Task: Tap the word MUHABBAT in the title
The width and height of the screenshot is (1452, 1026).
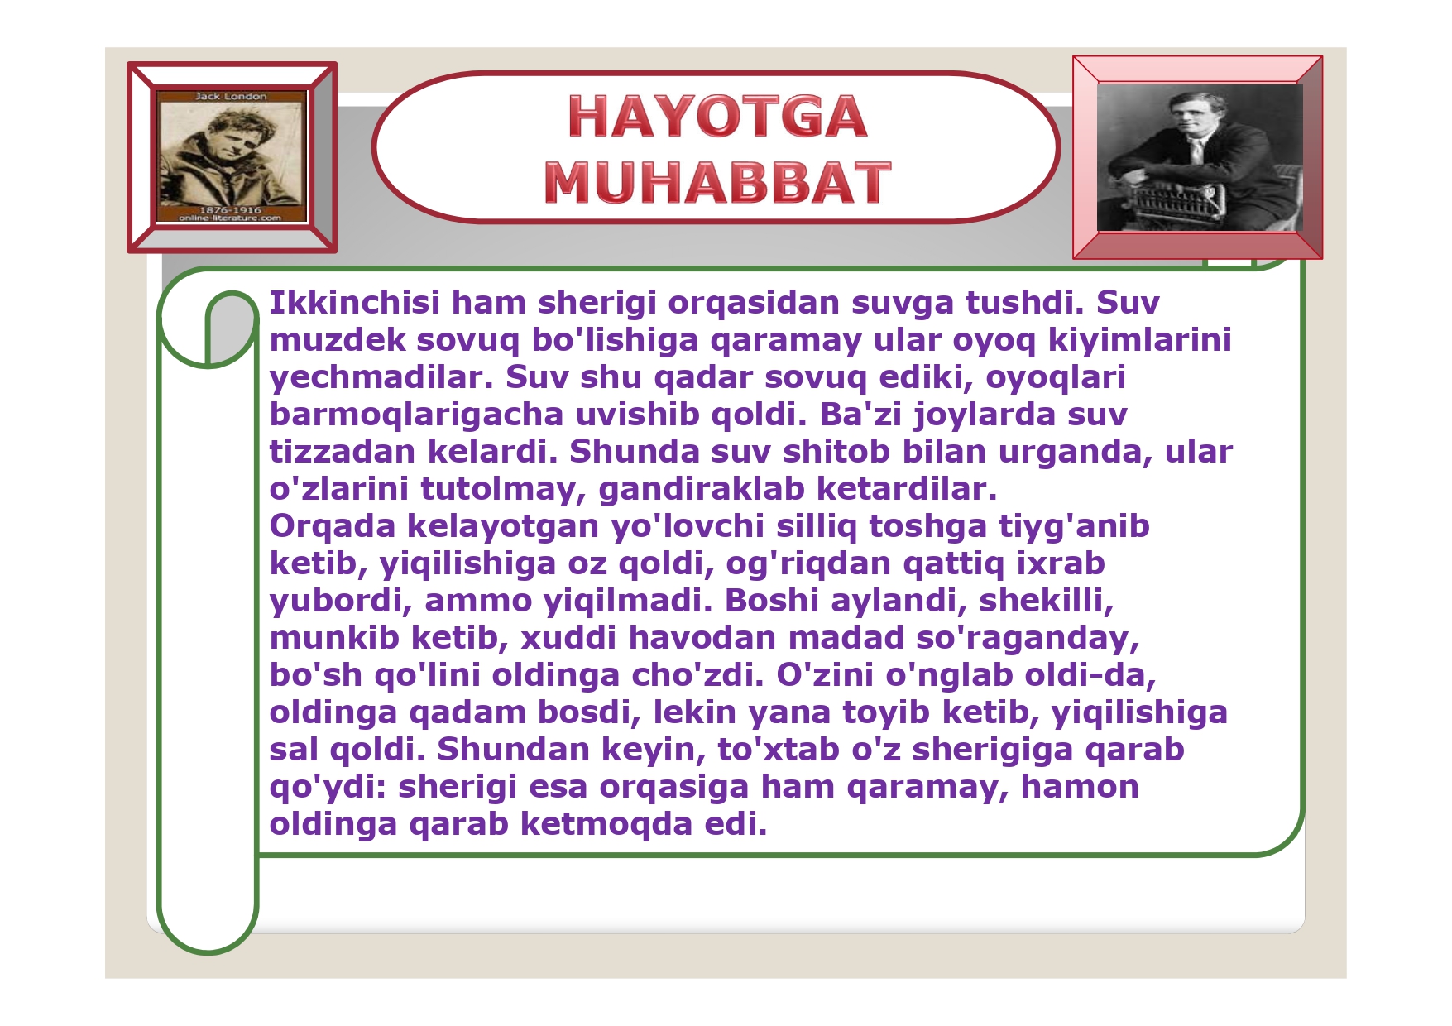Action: click(x=717, y=182)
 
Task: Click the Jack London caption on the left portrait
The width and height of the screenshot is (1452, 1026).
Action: click(x=231, y=97)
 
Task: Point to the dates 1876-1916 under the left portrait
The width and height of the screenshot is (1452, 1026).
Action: click(x=230, y=210)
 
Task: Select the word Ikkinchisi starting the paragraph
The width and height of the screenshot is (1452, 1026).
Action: click(x=355, y=303)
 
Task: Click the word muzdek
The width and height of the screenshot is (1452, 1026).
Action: click(x=337, y=340)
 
